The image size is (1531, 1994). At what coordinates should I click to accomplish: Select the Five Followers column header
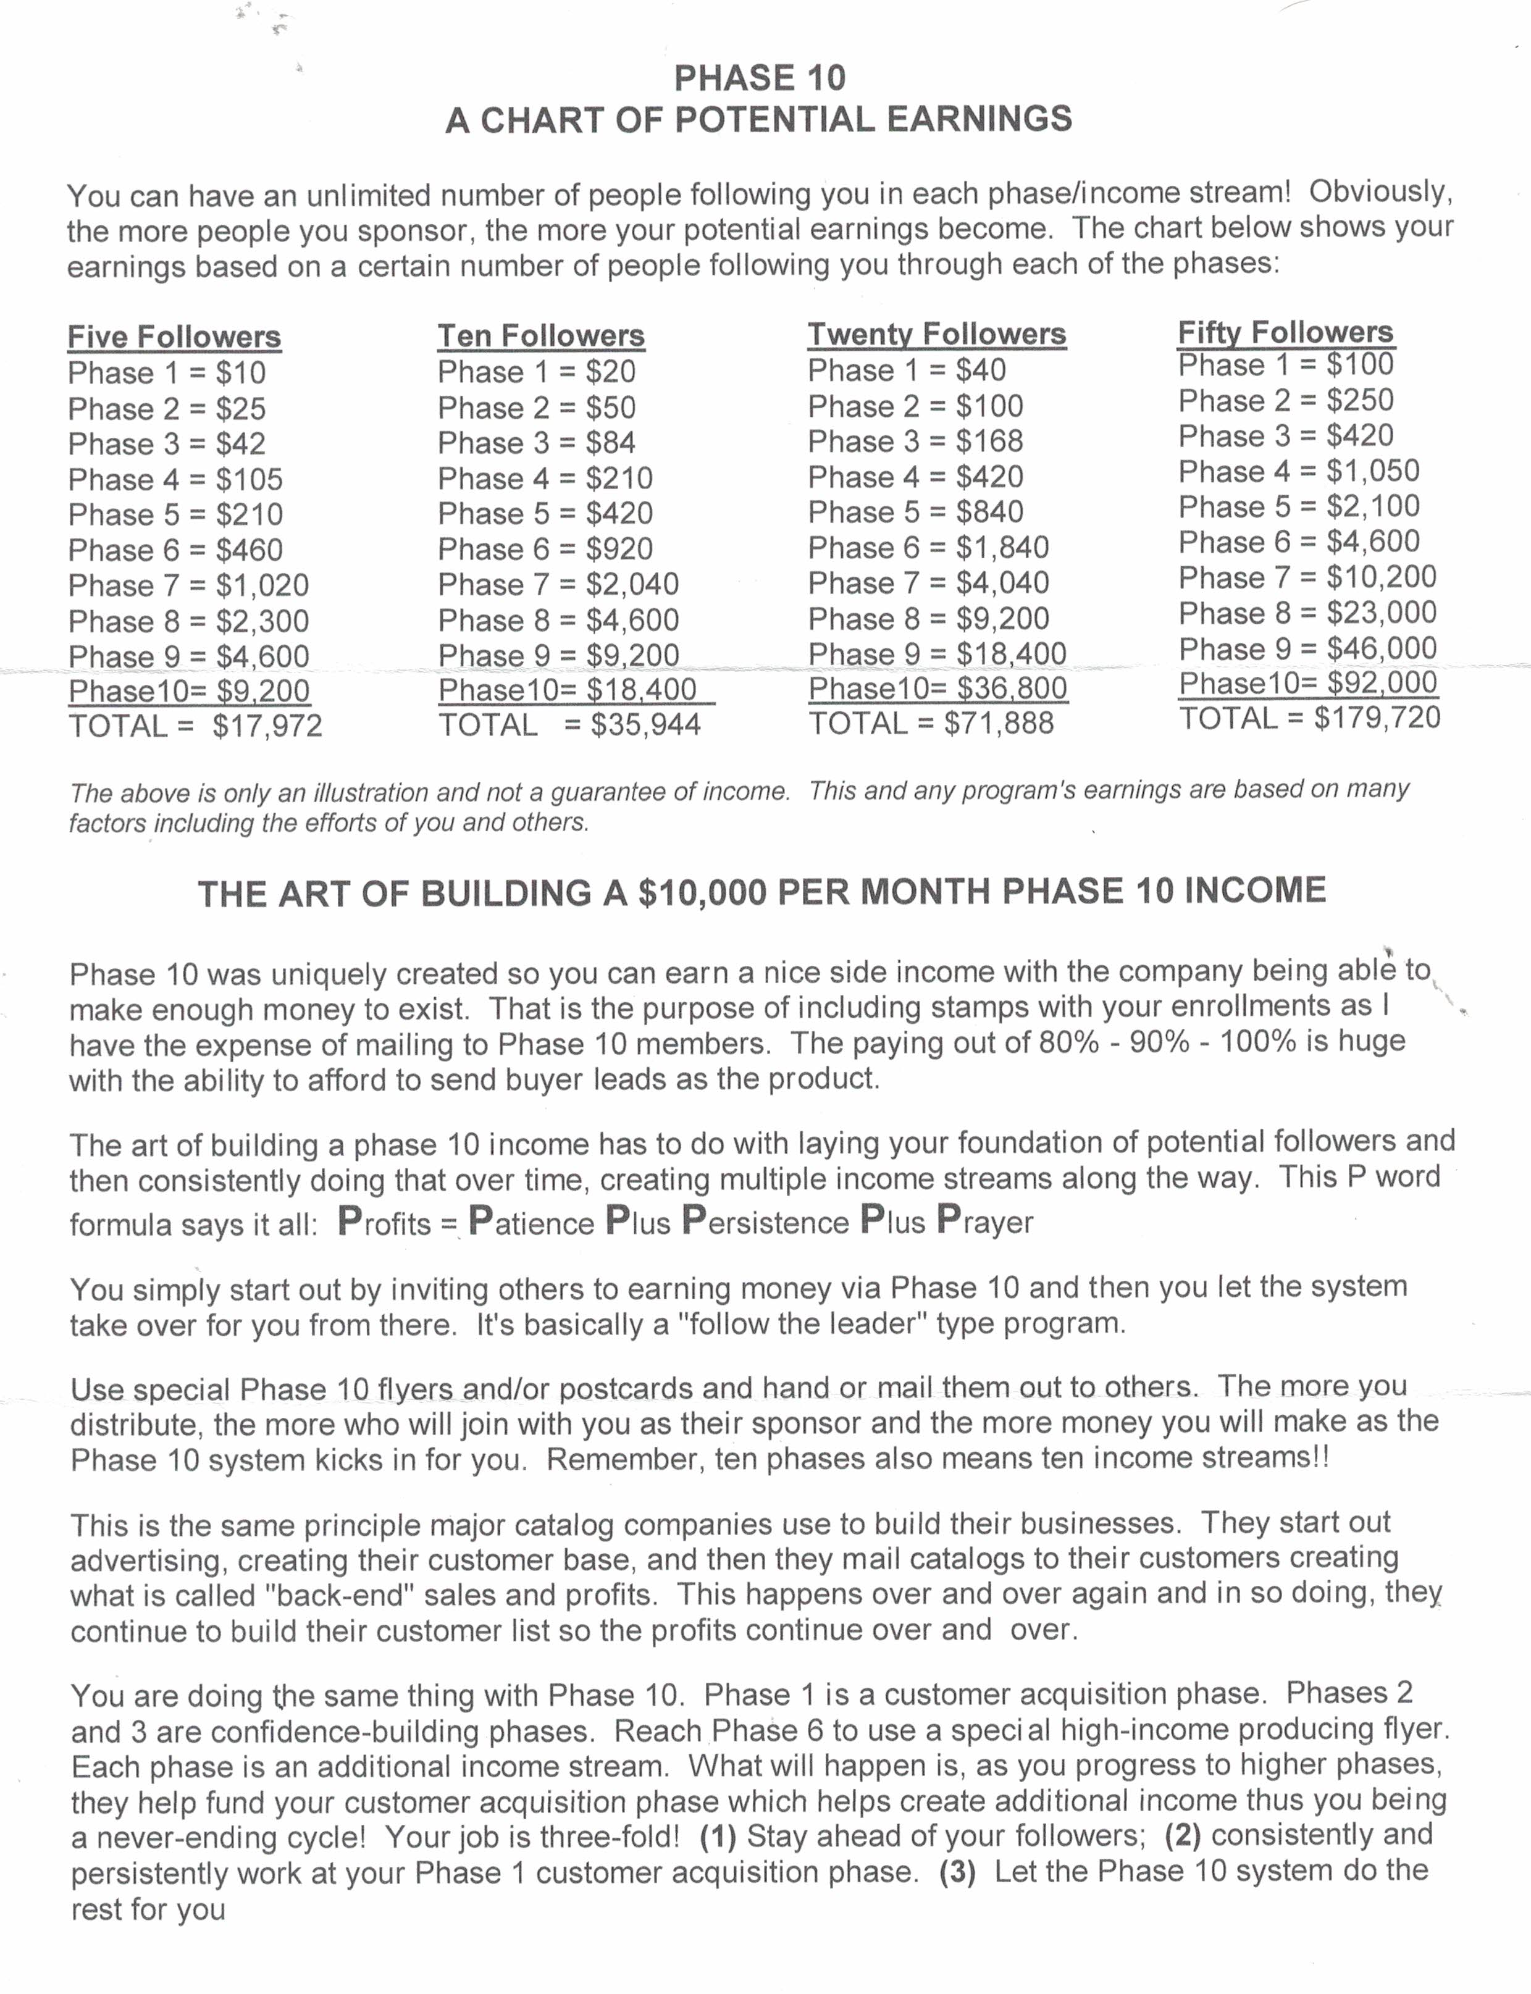click(x=174, y=337)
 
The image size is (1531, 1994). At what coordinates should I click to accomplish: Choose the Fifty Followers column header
click(x=1285, y=332)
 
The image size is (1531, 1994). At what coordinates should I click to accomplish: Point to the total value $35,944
click(x=645, y=724)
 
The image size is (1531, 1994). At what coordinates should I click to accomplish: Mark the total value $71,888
click(x=999, y=723)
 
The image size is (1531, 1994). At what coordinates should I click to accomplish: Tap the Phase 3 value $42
click(x=241, y=444)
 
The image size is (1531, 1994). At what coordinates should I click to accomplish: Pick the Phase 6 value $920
click(x=619, y=548)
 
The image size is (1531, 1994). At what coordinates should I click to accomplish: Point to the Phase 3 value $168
click(x=989, y=441)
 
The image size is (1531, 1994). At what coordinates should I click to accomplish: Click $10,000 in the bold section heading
click(x=703, y=892)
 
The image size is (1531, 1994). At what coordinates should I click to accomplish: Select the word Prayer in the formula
click(x=984, y=1221)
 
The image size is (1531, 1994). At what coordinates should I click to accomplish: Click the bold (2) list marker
click(x=1183, y=1835)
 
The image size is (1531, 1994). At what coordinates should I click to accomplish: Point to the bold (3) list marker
click(x=957, y=1872)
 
